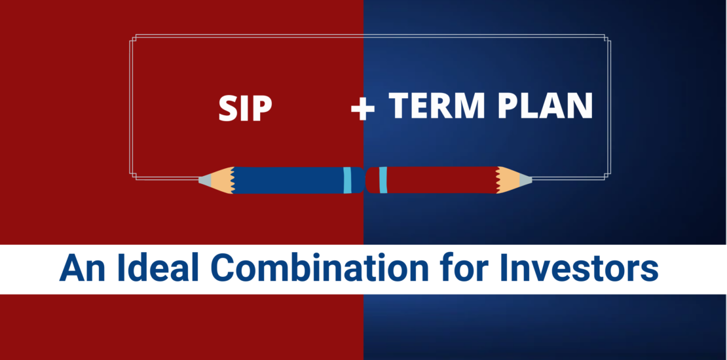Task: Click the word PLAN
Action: pos(545,105)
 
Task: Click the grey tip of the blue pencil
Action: pos(204,180)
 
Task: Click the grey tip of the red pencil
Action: pos(525,180)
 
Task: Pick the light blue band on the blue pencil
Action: pos(347,180)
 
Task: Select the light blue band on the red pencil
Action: pos(383,180)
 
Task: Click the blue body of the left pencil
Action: pos(288,180)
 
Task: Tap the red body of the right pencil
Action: pos(441,180)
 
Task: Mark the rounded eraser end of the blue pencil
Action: pos(358,180)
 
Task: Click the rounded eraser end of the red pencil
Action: pos(372,180)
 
